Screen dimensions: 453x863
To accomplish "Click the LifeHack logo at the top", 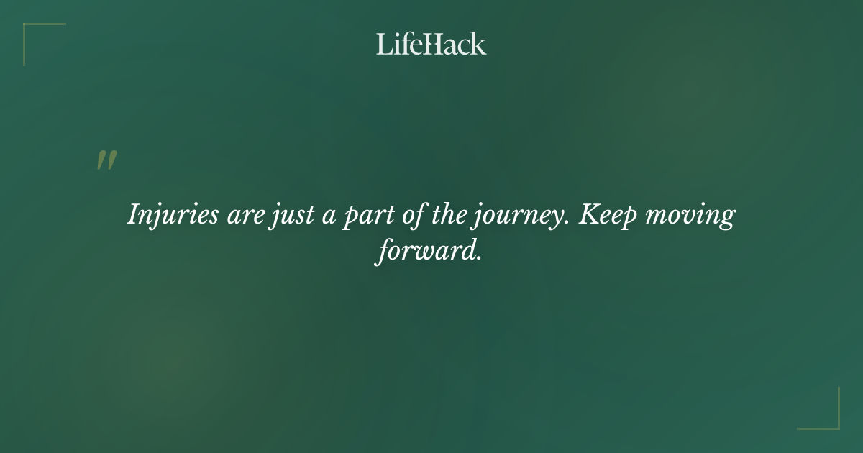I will pyautogui.click(x=431, y=44).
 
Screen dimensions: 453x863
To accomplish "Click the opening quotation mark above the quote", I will pyautogui.click(x=106, y=160).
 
